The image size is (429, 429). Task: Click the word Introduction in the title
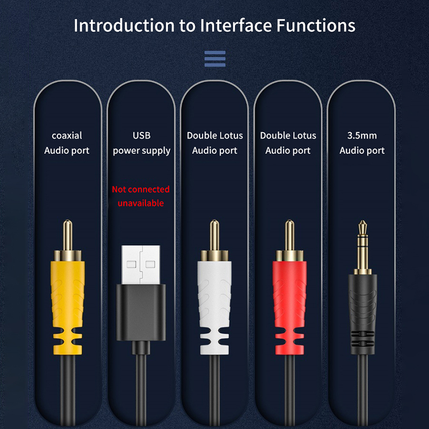pos(124,25)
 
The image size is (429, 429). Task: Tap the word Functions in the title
pos(316,25)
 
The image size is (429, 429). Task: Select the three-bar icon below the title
pos(215,59)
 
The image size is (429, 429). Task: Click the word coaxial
pos(66,136)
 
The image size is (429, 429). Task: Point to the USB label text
pos(142,136)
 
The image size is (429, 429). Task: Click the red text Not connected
pos(140,189)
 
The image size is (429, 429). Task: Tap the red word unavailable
pos(140,203)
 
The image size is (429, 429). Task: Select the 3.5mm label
pos(362,136)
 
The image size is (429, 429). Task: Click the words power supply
pos(142,151)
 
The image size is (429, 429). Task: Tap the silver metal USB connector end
pos(141,264)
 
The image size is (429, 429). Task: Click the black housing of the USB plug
pos(141,313)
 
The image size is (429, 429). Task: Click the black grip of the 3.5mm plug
pos(363,314)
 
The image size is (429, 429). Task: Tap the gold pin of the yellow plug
pos(68,235)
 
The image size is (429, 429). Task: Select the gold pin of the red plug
pos(290,235)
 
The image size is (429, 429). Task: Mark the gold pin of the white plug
pos(214,235)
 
